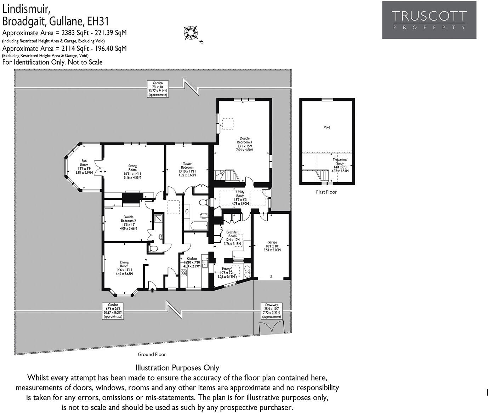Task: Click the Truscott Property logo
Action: click(x=429, y=20)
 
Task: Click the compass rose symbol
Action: click(x=191, y=33)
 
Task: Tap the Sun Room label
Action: click(x=84, y=167)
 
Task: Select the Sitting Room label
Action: click(x=132, y=171)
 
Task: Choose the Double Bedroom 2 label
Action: click(x=128, y=223)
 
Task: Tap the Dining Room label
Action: click(x=124, y=268)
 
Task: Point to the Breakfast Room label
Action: click(x=232, y=238)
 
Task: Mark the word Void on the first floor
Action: click(x=327, y=127)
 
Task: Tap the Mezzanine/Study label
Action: click(x=340, y=165)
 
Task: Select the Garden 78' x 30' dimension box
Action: click(x=158, y=89)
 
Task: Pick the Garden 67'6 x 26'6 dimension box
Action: click(x=113, y=310)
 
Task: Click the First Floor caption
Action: click(x=326, y=192)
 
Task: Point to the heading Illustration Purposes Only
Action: click(x=177, y=368)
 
